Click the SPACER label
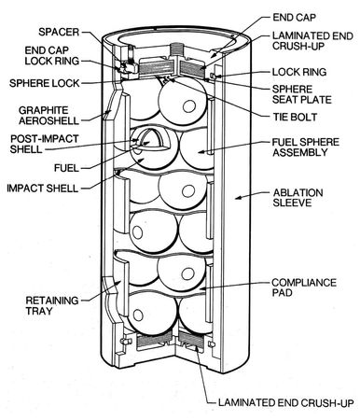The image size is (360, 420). [x=59, y=32]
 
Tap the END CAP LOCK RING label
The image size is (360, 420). [x=52, y=56]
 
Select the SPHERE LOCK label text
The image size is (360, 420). [x=45, y=83]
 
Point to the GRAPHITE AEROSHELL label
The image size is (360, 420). [x=48, y=116]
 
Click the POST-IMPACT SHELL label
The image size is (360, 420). [x=44, y=144]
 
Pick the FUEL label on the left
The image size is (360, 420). [x=66, y=168]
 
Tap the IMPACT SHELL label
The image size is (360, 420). [x=43, y=189]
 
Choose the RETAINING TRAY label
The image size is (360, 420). [x=52, y=305]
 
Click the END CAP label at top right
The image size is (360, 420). [x=294, y=18]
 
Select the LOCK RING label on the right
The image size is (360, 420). [x=299, y=72]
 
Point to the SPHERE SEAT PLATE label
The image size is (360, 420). [x=302, y=94]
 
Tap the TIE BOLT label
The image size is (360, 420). [x=295, y=117]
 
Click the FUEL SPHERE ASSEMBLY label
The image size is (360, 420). [x=306, y=147]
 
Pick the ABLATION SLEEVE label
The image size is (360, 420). [x=298, y=198]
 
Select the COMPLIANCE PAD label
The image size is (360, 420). [x=304, y=287]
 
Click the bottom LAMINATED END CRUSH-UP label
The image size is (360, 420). [x=286, y=402]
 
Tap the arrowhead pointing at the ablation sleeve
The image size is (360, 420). [x=238, y=197]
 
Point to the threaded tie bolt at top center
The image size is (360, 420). [x=176, y=50]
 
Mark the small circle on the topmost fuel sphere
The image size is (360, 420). [x=189, y=106]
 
